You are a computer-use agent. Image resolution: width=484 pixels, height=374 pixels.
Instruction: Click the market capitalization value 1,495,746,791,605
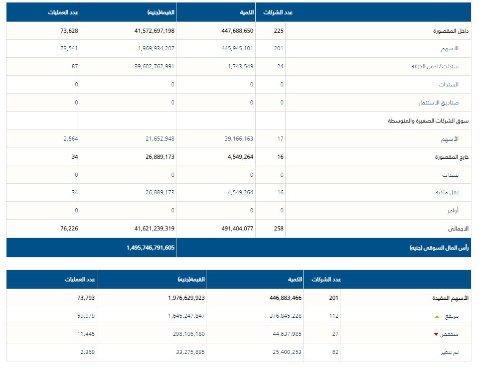click(x=150, y=247)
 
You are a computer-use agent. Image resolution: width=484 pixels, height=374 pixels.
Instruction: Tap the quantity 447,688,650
click(x=237, y=31)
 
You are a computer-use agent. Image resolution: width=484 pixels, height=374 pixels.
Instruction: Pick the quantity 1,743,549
click(x=240, y=67)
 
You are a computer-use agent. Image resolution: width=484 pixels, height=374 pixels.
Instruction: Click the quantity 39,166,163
click(x=239, y=139)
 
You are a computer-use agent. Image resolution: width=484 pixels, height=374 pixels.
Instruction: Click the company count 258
click(x=278, y=229)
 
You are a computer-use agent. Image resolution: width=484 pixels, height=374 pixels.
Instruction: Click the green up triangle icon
click(x=437, y=316)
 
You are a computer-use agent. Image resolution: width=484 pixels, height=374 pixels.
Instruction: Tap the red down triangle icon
click(x=436, y=334)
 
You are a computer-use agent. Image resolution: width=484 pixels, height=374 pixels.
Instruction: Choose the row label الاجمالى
click(x=458, y=229)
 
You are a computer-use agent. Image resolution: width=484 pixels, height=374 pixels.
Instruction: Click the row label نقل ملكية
click(x=450, y=193)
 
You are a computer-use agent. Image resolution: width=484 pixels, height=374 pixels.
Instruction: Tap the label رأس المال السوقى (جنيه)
click(x=439, y=247)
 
